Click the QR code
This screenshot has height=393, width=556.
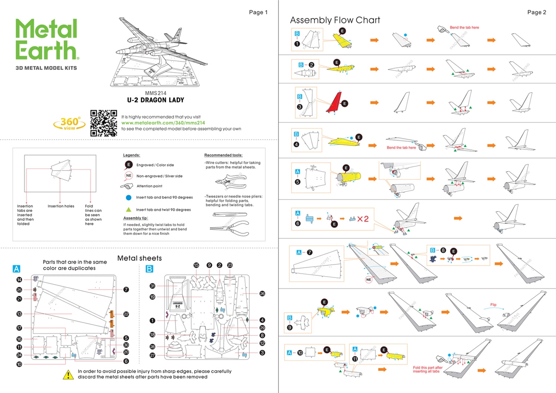click(x=103, y=123)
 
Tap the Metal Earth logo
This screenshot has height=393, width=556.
click(x=47, y=40)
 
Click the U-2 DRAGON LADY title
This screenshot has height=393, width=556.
click(x=156, y=100)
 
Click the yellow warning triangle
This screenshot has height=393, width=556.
click(x=68, y=374)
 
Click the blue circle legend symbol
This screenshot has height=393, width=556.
click(x=129, y=198)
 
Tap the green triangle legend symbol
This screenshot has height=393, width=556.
click(x=129, y=209)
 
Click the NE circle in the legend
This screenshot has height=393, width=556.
click(x=129, y=176)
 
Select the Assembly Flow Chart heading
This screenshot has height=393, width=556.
click(x=335, y=20)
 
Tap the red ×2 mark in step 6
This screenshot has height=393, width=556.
click(x=363, y=218)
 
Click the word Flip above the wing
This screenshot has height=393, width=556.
click(x=493, y=305)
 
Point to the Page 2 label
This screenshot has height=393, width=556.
click(x=536, y=12)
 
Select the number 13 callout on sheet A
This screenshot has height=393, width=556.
click(x=19, y=314)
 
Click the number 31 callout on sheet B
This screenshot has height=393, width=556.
click(x=152, y=286)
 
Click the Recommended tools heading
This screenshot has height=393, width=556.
click(x=223, y=155)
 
